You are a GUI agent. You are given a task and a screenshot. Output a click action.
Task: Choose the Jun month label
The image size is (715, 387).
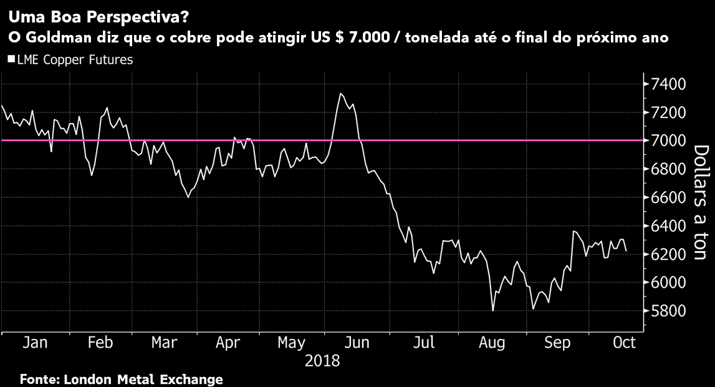pyautogui.click(x=358, y=343)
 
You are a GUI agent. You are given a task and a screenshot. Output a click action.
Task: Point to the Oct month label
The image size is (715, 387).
pyautogui.click(x=624, y=343)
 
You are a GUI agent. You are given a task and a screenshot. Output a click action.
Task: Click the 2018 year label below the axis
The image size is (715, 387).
pyautogui.click(x=322, y=361)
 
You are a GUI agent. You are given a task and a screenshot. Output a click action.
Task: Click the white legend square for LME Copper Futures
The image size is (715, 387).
pyautogui.click(x=11, y=60)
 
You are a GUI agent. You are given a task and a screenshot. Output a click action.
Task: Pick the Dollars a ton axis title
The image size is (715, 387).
pyautogui.click(x=700, y=203)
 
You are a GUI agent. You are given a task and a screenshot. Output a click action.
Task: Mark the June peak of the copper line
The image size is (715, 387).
pyautogui.click(x=340, y=94)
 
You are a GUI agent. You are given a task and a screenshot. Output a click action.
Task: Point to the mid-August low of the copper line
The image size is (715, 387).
pyautogui.click(x=493, y=310)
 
